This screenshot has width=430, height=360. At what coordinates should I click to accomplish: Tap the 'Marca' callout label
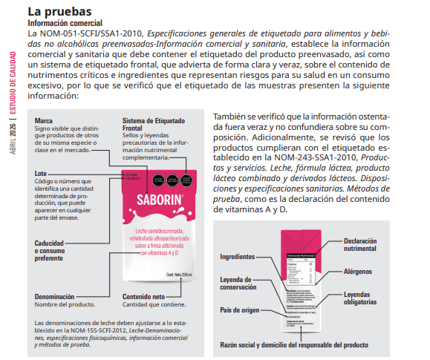pyautogui.click(x=44, y=120)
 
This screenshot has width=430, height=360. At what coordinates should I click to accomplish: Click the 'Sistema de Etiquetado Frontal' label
pyautogui.click(x=154, y=124)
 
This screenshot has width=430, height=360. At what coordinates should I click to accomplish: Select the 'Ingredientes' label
pyautogui.click(x=241, y=256)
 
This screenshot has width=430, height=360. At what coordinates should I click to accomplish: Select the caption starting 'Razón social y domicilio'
pyautogui.click(x=294, y=344)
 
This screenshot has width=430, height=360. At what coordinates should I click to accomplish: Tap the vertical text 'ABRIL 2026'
pyautogui.click(x=12, y=138)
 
